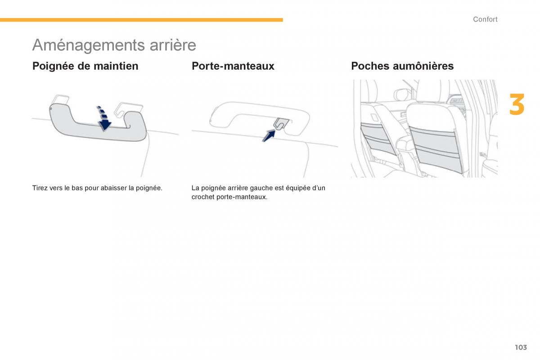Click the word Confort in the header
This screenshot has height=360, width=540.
coord(485,19)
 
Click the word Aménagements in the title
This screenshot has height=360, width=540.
coord(89,45)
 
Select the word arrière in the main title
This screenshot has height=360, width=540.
coord(173,45)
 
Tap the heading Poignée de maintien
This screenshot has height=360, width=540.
coord(85,66)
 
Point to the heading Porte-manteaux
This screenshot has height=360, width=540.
coord(233,66)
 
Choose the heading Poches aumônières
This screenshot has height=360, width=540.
coord(402,66)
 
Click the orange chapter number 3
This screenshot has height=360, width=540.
coord(517,104)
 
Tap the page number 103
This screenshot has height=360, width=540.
coord(521,347)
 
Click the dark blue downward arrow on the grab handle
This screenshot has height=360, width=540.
coord(103,118)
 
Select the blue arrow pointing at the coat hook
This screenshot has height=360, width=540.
coord(269,136)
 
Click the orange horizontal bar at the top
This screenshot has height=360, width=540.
coord(141,20)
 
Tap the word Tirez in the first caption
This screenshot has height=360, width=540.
coord(40,188)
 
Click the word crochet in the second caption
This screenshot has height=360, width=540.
coord(203,197)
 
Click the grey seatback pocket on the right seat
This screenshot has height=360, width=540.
coord(436,149)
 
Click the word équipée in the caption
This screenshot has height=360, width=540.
coord(298,188)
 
